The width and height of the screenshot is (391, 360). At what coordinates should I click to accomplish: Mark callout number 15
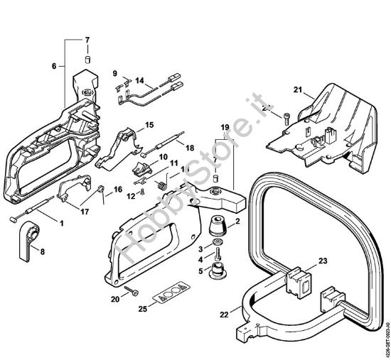149,126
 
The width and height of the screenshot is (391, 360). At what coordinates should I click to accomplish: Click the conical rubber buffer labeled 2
218,228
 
